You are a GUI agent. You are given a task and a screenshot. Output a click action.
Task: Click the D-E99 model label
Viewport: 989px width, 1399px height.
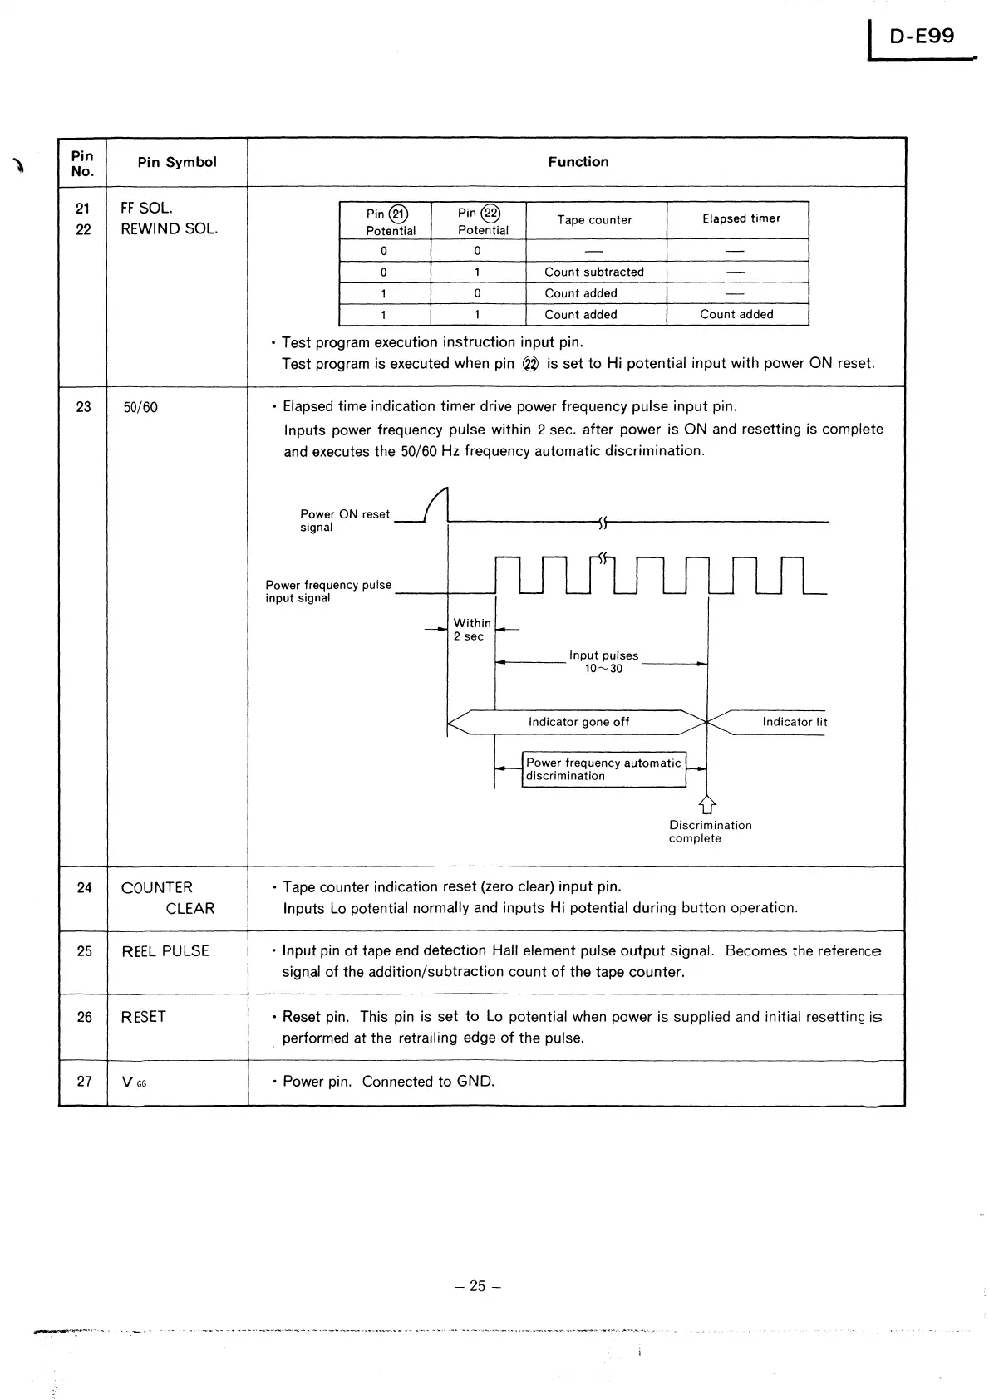[x=922, y=37]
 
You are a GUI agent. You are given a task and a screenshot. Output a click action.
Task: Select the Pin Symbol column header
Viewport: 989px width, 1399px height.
[x=177, y=162]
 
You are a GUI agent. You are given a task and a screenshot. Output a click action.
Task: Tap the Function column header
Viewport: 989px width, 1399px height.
[x=578, y=162]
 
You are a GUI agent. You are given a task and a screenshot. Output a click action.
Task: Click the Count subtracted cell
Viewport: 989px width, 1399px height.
[x=593, y=272]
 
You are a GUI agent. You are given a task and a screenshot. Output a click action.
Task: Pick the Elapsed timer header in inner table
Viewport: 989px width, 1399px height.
[x=741, y=218]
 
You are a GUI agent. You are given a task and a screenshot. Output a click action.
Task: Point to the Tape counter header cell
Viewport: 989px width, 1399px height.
[x=594, y=220]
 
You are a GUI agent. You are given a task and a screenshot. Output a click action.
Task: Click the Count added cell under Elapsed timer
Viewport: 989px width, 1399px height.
[x=736, y=314]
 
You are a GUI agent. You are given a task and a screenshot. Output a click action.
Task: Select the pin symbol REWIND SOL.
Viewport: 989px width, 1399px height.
[x=169, y=229]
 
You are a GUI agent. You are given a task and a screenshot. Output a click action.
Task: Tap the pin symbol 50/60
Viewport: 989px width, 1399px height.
[x=140, y=408]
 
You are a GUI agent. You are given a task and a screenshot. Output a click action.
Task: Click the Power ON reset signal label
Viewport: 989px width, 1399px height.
[x=344, y=521]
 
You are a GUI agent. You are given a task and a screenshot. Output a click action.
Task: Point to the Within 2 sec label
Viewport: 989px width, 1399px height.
[x=471, y=630]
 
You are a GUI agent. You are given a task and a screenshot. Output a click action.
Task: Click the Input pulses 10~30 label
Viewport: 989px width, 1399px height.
[x=603, y=662]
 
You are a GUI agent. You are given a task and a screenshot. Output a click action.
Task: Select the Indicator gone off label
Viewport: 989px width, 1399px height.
[x=578, y=722]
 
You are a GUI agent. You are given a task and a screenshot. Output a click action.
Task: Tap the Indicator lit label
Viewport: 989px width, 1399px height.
[x=794, y=722]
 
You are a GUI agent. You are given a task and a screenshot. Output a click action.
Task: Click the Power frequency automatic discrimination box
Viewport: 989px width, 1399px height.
[x=604, y=769]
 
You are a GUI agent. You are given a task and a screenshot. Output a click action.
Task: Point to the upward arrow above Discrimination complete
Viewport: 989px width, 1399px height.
[x=707, y=803]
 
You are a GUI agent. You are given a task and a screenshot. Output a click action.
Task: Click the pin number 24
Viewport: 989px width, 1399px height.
[x=84, y=888]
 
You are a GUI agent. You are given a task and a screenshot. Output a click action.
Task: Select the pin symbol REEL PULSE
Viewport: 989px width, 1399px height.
[x=165, y=951]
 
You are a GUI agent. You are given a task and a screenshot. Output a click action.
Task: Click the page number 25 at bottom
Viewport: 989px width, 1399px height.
[x=478, y=1286]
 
